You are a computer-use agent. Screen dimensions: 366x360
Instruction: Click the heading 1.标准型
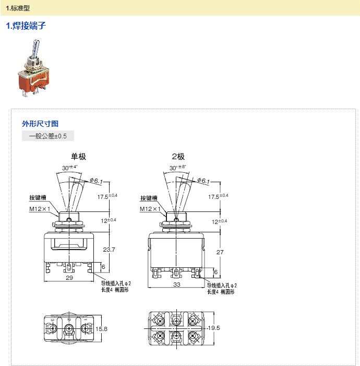tap(18, 8)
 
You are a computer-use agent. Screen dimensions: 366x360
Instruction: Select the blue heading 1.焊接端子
tap(26, 26)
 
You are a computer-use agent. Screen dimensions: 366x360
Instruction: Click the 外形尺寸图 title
tap(40, 124)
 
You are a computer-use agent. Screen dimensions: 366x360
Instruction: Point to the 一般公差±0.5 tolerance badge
tap(48, 136)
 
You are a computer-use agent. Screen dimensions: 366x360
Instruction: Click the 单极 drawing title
tap(78, 156)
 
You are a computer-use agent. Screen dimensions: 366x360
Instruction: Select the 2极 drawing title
tap(178, 156)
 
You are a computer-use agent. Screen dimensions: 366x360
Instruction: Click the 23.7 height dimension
tap(109, 250)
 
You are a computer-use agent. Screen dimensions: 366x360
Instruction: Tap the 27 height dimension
tap(219, 252)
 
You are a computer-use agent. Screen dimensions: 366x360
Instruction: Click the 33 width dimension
tap(176, 285)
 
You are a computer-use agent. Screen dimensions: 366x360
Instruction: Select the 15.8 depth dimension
tap(102, 329)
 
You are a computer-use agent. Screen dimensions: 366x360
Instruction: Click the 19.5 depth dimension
tap(214, 328)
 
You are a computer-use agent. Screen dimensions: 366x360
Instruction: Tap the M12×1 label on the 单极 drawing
tap(40, 209)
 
